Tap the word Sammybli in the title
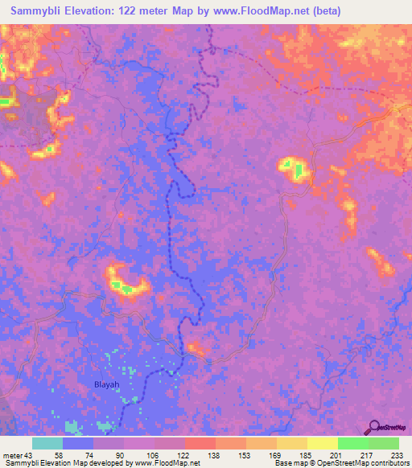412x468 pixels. (x=38, y=11)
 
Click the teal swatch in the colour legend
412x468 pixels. (x=47, y=443)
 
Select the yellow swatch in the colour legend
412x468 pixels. (x=323, y=443)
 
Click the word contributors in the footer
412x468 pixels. (x=385, y=463)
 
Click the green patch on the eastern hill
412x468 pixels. (x=299, y=170)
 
